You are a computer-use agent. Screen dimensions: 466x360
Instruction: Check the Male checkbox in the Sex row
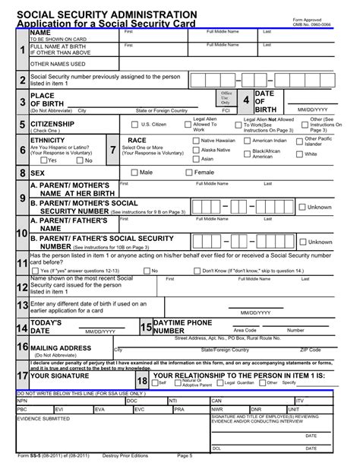134,173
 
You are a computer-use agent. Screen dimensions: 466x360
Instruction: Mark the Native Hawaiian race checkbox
196,141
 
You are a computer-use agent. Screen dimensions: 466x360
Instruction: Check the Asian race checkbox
196,159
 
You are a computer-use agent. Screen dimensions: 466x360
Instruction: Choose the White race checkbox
300,154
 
